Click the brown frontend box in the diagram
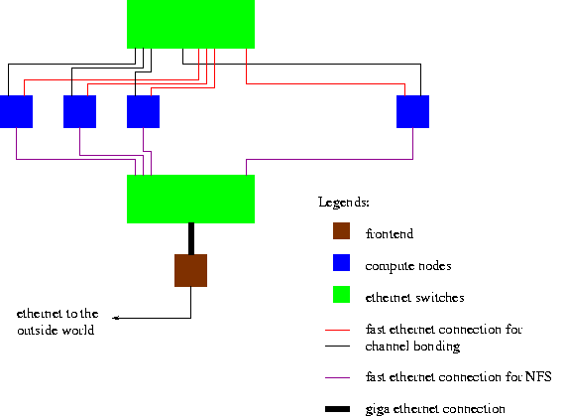pos(190,270)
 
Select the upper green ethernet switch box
pos(190,24)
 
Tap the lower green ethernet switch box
pos(190,199)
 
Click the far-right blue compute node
pos(412,111)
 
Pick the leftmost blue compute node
pos(16,111)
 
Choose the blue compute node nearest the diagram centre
pos(143,111)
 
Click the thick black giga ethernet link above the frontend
pos(191,238)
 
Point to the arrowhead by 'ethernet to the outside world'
pos(115,318)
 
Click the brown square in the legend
pos(341,230)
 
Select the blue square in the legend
pos(341,262)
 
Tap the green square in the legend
pos(341,294)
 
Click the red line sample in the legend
pos(337,330)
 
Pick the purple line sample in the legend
pos(337,377)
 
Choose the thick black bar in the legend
pos(337,409)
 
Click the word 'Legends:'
pos(344,203)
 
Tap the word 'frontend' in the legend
pos(390,233)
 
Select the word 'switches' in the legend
pos(440,297)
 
